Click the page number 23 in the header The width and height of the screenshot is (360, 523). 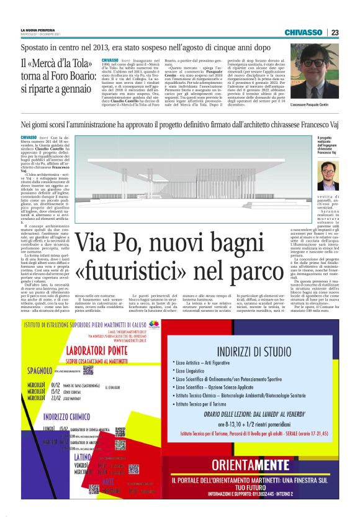point(335,32)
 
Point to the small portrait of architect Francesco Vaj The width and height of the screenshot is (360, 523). point(327,176)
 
